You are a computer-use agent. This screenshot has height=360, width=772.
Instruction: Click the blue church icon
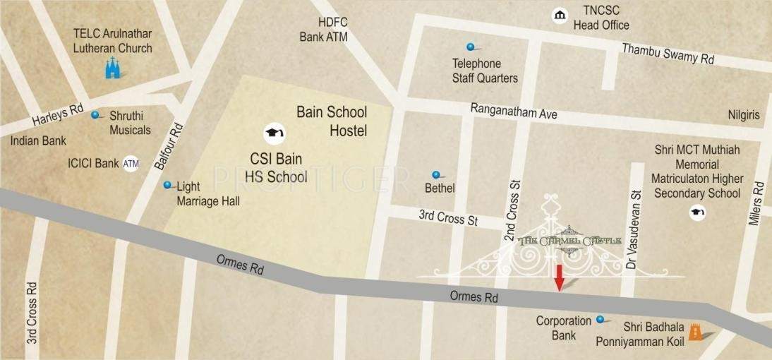click(x=112, y=68)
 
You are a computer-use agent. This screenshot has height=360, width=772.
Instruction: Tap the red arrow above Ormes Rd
click(x=559, y=277)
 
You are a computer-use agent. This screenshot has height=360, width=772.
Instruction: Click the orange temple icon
click(x=696, y=331)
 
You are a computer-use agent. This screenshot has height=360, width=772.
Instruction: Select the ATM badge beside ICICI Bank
click(x=131, y=163)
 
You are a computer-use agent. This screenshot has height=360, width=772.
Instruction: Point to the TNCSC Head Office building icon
click(x=560, y=16)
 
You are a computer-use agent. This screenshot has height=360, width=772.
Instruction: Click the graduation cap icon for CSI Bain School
click(x=273, y=132)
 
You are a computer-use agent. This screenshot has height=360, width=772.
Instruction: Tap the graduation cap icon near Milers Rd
click(x=697, y=212)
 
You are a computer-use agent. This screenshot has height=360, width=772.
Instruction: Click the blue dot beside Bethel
click(x=436, y=174)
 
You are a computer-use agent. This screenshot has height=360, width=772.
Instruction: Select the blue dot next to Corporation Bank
click(x=601, y=319)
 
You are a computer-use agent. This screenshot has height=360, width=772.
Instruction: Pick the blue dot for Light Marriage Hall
click(x=167, y=185)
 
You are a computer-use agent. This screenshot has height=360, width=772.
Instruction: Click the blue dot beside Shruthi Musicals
click(x=95, y=114)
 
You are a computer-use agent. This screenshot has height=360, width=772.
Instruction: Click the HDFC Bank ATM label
click(x=323, y=30)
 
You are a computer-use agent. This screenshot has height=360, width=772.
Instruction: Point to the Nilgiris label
click(x=744, y=114)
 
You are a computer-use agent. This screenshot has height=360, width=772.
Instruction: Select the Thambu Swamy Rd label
click(x=667, y=54)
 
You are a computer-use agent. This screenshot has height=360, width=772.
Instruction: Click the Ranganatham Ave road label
click(x=514, y=112)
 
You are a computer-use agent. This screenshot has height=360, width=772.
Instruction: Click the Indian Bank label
click(x=38, y=140)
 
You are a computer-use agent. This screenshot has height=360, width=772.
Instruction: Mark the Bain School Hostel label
click(x=332, y=121)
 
